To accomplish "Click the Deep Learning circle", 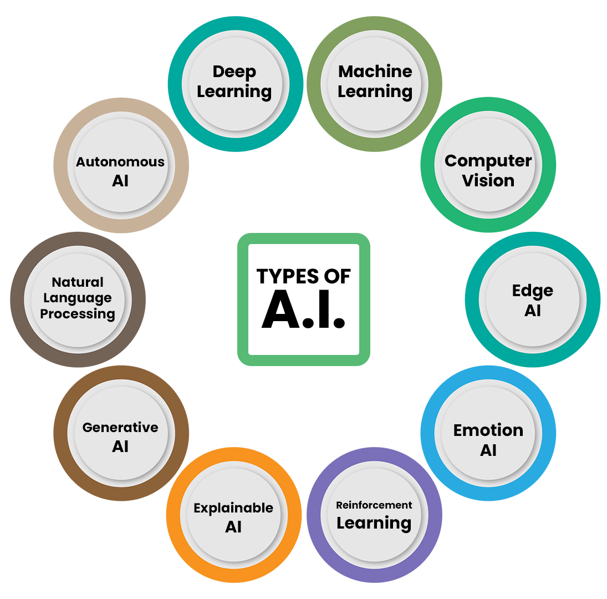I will coord(234,83).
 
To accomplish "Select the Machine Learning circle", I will coord(375,83).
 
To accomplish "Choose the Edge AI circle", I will coord(532,300).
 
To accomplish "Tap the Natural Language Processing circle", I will coord(78,298).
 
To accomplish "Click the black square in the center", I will coord(308,311).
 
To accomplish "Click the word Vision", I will coord(488,181).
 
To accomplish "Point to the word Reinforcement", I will coord(374,505).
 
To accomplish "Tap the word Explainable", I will coord(233,508).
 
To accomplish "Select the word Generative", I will coord(120,428).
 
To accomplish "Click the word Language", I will coord(78,298).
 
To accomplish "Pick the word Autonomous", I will coord(120,162).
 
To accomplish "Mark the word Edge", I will coord(532,291).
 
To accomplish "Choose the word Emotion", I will coord(488,430).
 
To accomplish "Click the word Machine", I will coord(375,72).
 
